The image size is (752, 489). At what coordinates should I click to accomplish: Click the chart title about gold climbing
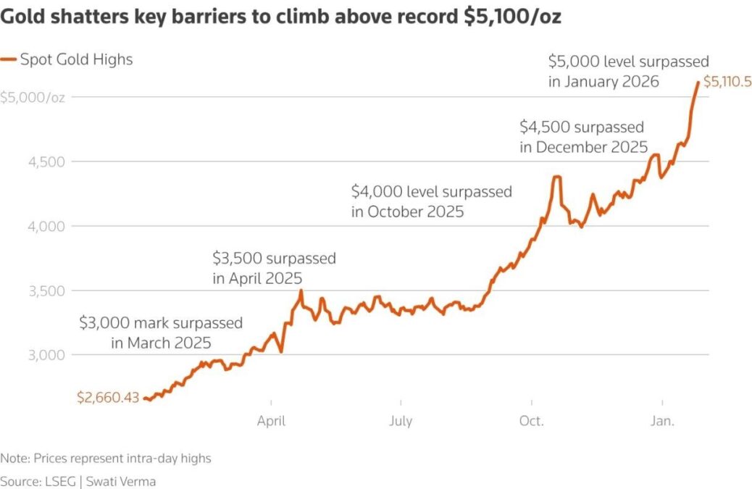pyautogui.click(x=280, y=17)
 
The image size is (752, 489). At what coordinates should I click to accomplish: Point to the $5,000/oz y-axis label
pyautogui.click(x=33, y=98)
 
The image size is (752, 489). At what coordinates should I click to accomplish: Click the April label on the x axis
pyautogui.click(x=271, y=421)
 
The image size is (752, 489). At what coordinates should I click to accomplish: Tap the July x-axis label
pyautogui.click(x=401, y=421)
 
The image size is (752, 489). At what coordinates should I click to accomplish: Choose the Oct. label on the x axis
pyautogui.click(x=532, y=421)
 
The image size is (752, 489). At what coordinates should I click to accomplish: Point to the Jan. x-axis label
pyautogui.click(x=662, y=421)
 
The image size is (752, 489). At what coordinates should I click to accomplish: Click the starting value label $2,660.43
pyautogui.click(x=108, y=397)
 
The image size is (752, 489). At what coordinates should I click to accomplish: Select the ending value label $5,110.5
pyautogui.click(x=727, y=84)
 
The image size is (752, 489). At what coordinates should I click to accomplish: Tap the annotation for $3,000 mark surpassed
pyautogui.click(x=161, y=333)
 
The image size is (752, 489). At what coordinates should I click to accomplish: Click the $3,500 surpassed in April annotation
pyautogui.click(x=274, y=267)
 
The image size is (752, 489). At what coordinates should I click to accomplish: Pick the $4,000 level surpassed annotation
pyautogui.click(x=431, y=201)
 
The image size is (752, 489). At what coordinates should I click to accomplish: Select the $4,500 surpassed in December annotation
pyautogui.click(x=583, y=137)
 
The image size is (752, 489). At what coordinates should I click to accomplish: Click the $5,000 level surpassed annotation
pyautogui.click(x=628, y=71)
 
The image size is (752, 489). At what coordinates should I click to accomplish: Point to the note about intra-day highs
pyautogui.click(x=106, y=459)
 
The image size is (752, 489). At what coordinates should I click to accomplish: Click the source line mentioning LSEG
pyautogui.click(x=78, y=481)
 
